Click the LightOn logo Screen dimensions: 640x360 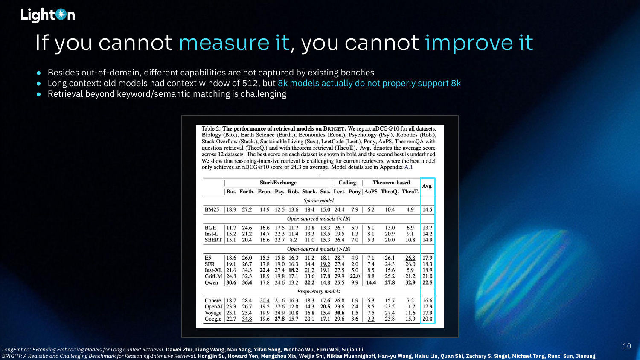pyautogui.click(x=48, y=15)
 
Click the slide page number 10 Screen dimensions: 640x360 pyautogui.click(x=627, y=346)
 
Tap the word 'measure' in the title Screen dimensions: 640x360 pyautogui.click(x=224, y=43)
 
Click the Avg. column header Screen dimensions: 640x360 pyautogui.click(x=427, y=186)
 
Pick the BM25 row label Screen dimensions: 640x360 pyautogui.click(x=212, y=209)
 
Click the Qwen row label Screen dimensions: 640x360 pyautogui.click(x=211, y=282)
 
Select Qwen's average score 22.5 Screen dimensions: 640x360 pyautogui.click(x=428, y=282)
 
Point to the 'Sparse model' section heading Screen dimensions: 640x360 pyautogui.click(x=319, y=200)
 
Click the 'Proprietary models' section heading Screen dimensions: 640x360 pyautogui.click(x=319, y=291)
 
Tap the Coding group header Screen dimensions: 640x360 pyautogui.click(x=347, y=183)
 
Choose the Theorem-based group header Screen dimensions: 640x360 pyautogui.click(x=391, y=183)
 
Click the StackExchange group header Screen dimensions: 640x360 pyautogui.click(x=278, y=183)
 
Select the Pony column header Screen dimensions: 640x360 pyautogui.click(x=355, y=192)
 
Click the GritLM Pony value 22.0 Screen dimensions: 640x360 pyautogui.click(x=355, y=276)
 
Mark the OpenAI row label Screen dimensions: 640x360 pyautogui.click(x=213, y=307)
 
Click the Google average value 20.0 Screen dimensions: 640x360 pyautogui.click(x=428, y=319)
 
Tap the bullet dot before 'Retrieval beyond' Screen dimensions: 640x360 pyautogui.click(x=38, y=94)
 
